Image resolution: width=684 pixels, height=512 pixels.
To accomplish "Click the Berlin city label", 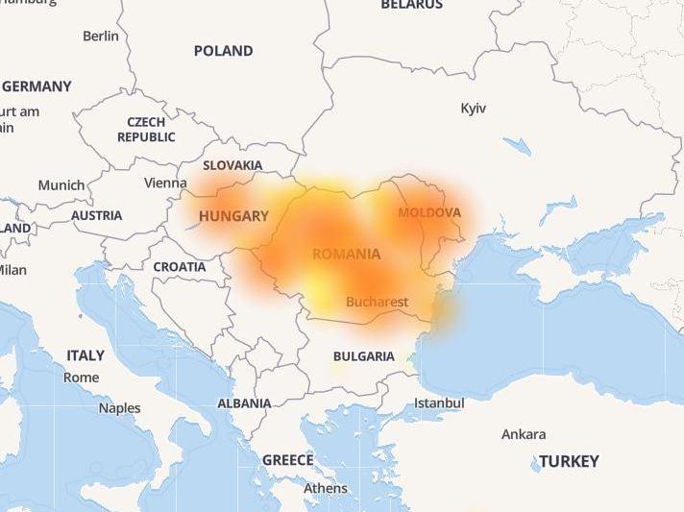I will [101, 36].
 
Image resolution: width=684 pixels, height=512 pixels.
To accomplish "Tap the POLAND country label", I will [223, 51].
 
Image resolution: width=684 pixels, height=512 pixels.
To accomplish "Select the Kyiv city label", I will [474, 108].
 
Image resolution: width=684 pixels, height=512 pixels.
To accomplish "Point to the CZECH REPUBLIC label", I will [146, 130].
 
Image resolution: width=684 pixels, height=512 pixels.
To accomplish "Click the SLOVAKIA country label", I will [232, 165].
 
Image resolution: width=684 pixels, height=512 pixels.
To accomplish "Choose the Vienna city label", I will [165, 183].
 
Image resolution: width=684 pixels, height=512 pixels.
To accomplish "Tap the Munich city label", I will [61, 185].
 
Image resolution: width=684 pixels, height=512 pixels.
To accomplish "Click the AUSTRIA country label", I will [97, 215].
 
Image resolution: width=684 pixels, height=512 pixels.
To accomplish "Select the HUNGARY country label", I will [233, 216].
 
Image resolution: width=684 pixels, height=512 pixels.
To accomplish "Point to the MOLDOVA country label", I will [429, 212].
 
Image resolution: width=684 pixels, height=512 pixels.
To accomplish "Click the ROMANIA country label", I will [346, 255].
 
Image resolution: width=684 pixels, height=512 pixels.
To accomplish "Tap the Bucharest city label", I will [378, 302].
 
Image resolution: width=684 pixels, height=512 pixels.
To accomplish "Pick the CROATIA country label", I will [180, 266].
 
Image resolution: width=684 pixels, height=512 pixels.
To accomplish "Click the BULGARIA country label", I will [364, 356].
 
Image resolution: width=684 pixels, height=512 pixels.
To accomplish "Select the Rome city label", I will [82, 378].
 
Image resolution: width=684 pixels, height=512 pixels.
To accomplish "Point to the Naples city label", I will [119, 408].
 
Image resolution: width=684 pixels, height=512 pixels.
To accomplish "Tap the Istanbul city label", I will [439, 403].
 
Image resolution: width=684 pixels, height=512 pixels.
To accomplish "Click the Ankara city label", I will [524, 434].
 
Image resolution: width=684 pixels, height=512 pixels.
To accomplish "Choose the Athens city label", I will [326, 488].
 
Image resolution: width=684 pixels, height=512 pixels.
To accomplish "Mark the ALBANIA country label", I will [244, 403].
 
